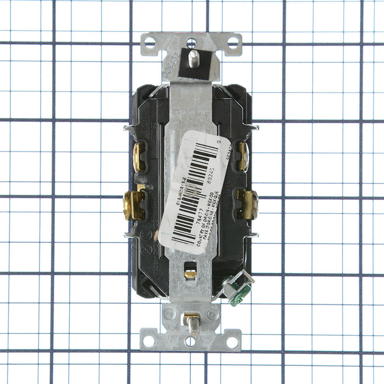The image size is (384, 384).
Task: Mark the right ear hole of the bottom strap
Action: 232,341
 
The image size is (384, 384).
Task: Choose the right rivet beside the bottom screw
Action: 212,314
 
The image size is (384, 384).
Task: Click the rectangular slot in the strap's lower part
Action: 190,273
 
